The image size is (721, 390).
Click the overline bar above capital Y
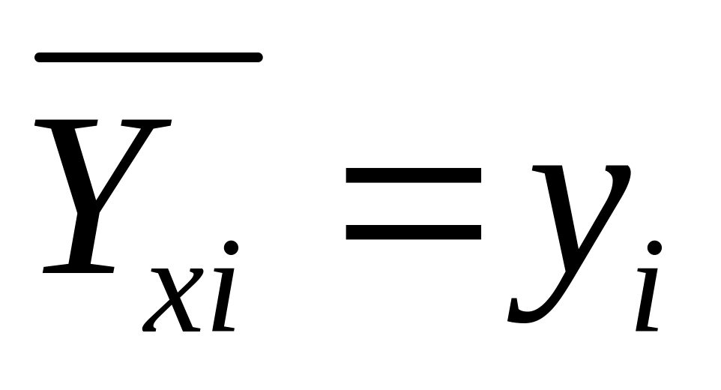[x=148, y=57]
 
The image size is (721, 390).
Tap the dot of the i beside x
[x=231, y=247]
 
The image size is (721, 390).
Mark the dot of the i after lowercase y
[x=655, y=247]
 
